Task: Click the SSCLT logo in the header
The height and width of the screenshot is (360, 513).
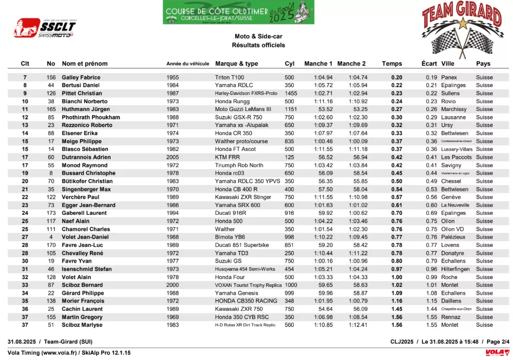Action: (45, 27)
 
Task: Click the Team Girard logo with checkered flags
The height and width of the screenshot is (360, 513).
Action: (461, 29)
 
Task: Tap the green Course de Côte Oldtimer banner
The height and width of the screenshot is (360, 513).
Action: (238, 12)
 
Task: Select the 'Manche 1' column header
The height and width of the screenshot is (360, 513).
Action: (318, 64)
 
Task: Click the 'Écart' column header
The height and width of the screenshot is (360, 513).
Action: (429, 64)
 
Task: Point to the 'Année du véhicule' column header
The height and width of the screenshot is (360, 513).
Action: (187, 64)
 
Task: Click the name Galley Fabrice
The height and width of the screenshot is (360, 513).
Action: (81, 77)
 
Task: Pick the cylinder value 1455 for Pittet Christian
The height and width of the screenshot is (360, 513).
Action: (291, 93)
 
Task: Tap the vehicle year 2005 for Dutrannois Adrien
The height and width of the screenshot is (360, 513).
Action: (172, 157)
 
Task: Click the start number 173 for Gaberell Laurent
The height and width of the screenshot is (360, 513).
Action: (51, 213)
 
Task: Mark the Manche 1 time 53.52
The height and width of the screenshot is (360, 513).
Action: (326, 109)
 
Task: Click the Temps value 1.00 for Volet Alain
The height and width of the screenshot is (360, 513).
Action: (397, 277)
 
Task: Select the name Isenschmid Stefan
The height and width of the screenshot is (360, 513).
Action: (87, 269)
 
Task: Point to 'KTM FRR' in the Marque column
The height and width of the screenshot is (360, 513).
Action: (228, 157)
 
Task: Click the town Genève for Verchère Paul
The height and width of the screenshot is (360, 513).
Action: (451, 197)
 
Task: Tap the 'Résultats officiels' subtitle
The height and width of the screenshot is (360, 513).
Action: (258, 45)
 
